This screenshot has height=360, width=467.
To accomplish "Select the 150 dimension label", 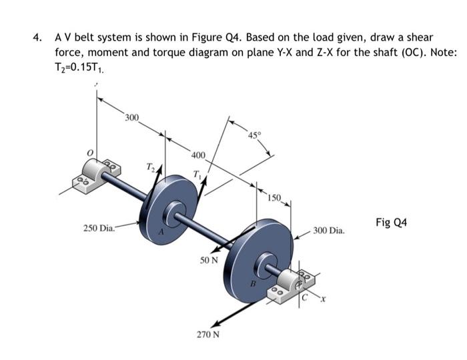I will (274, 197).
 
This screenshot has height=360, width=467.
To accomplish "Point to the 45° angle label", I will (255, 137).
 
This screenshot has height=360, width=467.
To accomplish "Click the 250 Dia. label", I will (99, 229).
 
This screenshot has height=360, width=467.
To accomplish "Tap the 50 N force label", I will (209, 260).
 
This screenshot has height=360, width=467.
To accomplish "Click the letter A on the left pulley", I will (161, 233).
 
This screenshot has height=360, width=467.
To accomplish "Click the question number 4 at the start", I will (39, 37).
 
